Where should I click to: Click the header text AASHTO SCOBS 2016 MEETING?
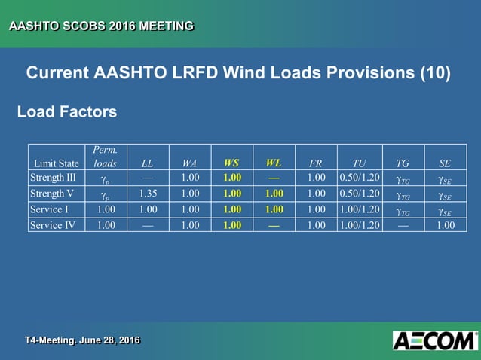click(x=101, y=26)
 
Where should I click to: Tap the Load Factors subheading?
click(x=67, y=112)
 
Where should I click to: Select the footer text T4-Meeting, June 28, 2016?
click(x=82, y=341)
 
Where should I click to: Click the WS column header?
click(x=232, y=163)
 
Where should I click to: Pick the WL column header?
click(x=274, y=163)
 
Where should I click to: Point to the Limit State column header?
click(x=57, y=163)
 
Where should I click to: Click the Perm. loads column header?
click(x=105, y=157)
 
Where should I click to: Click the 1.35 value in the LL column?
click(x=148, y=194)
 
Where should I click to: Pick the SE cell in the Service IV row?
click(x=446, y=224)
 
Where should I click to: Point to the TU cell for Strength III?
click(x=359, y=178)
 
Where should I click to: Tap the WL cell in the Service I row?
click(x=274, y=209)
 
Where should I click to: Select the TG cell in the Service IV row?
click(x=403, y=224)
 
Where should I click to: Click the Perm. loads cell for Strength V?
click(x=106, y=194)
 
